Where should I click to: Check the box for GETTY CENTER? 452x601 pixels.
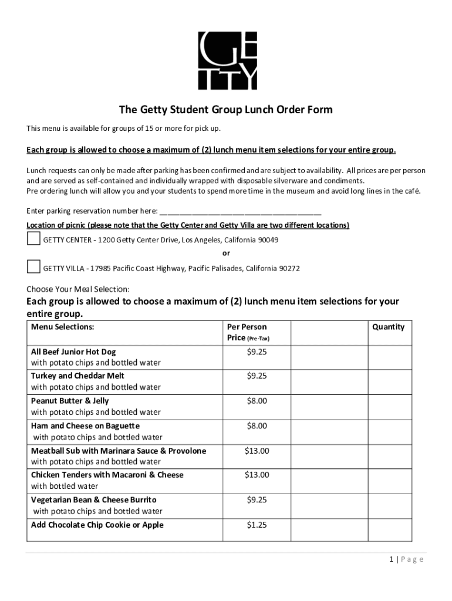pos(33,239)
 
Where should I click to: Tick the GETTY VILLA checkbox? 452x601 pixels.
pos(33,267)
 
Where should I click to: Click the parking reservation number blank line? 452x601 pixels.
pos(240,211)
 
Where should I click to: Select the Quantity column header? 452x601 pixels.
pos(388,327)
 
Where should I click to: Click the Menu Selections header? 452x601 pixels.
pos(62,327)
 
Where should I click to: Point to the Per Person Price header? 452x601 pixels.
pos(247,332)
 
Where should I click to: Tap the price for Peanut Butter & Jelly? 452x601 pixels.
pos(257,401)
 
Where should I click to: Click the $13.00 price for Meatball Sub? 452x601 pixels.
pos(257,451)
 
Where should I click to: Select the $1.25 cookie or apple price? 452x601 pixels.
pos(257,525)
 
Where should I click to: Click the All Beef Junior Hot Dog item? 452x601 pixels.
pos(73,352)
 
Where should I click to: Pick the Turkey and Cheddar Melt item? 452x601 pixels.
pos(77,376)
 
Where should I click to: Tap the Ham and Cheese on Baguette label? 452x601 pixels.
pos(85,426)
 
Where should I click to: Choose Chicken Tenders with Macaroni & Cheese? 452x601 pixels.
pos(107,475)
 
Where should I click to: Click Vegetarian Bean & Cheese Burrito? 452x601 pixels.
pos(94,499)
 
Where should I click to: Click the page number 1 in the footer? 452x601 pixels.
pos(391,559)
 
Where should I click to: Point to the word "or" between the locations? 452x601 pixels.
pos(226,254)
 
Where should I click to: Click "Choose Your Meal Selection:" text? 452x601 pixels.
pos(78,289)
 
